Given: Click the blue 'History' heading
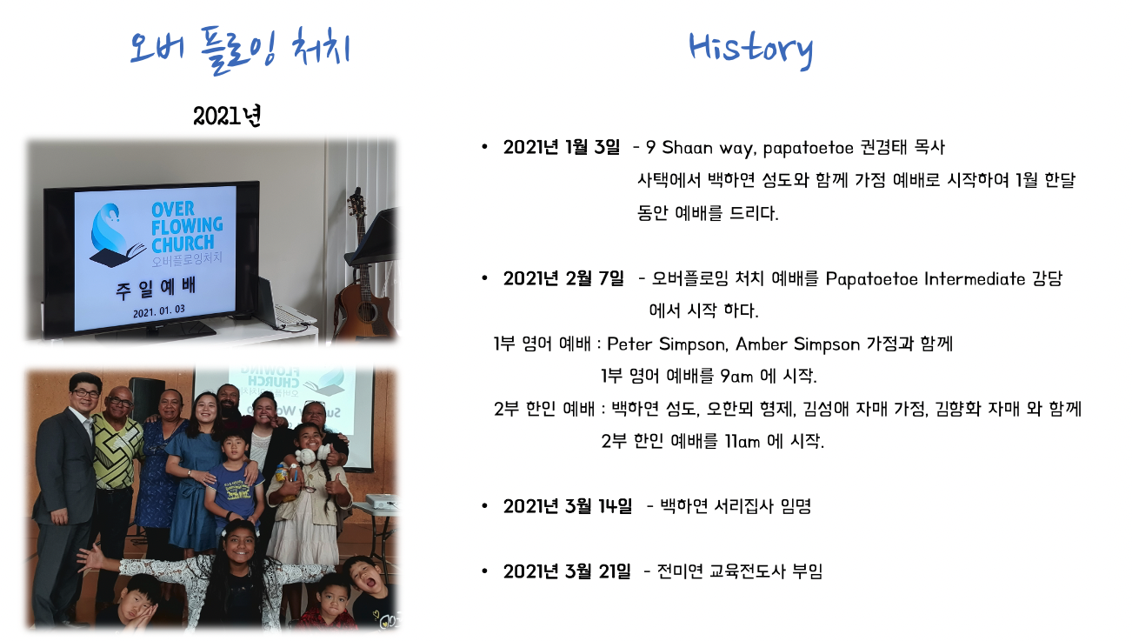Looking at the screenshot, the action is click(x=751, y=50).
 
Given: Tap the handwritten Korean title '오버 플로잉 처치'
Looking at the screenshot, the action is click(x=240, y=50).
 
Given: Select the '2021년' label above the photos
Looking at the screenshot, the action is click(x=227, y=117).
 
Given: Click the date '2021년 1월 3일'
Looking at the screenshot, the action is click(x=561, y=147).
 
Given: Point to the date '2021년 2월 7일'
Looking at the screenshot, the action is click(x=563, y=278).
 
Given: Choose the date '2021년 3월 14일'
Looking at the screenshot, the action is click(x=567, y=505).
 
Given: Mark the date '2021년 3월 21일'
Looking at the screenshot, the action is click(x=567, y=571).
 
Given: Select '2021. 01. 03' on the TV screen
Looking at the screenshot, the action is click(x=159, y=310).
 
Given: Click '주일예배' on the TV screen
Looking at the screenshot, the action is click(x=155, y=289).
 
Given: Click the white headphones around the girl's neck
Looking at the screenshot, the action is click(x=313, y=453).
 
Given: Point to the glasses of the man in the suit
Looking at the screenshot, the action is click(x=85, y=393).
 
